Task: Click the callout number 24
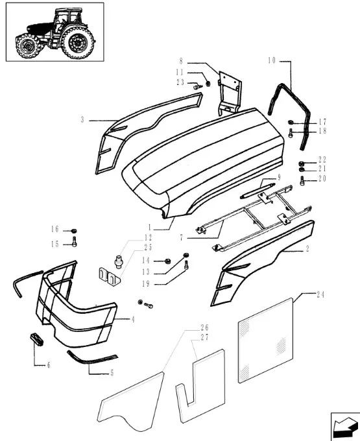[320, 294]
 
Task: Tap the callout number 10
[272, 60]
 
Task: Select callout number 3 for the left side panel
[82, 120]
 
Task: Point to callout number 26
[204, 328]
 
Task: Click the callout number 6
[49, 365]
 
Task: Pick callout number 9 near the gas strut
[279, 178]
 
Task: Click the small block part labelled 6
[36, 339]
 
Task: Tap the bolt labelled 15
[74, 242]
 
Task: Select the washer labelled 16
[74, 231]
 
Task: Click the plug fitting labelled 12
[119, 261]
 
